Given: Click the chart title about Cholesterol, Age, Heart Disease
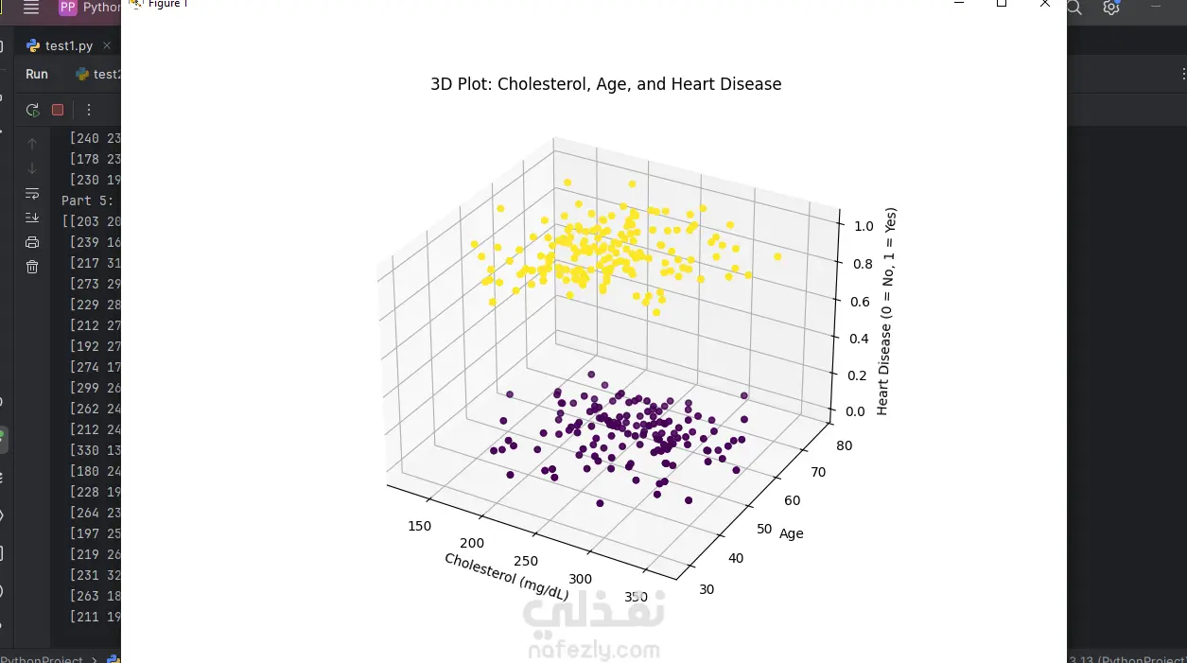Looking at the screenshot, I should (x=605, y=84).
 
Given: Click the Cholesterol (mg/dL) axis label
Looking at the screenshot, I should (x=506, y=576).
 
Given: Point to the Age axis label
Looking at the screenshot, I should (x=791, y=533).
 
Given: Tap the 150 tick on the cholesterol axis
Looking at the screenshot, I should (x=419, y=526).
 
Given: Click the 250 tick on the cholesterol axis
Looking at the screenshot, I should (x=527, y=561).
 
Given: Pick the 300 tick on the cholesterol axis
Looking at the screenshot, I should (x=580, y=579).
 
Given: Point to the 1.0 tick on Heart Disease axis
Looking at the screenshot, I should (x=864, y=226).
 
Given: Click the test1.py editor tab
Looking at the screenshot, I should (x=68, y=45).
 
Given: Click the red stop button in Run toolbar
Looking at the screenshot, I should (x=58, y=110).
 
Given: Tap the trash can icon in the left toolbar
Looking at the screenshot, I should (x=32, y=267).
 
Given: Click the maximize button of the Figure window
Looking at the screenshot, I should (x=1001, y=4).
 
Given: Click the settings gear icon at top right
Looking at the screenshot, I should (x=1111, y=8).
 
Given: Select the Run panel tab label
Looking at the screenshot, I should (x=37, y=74).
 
